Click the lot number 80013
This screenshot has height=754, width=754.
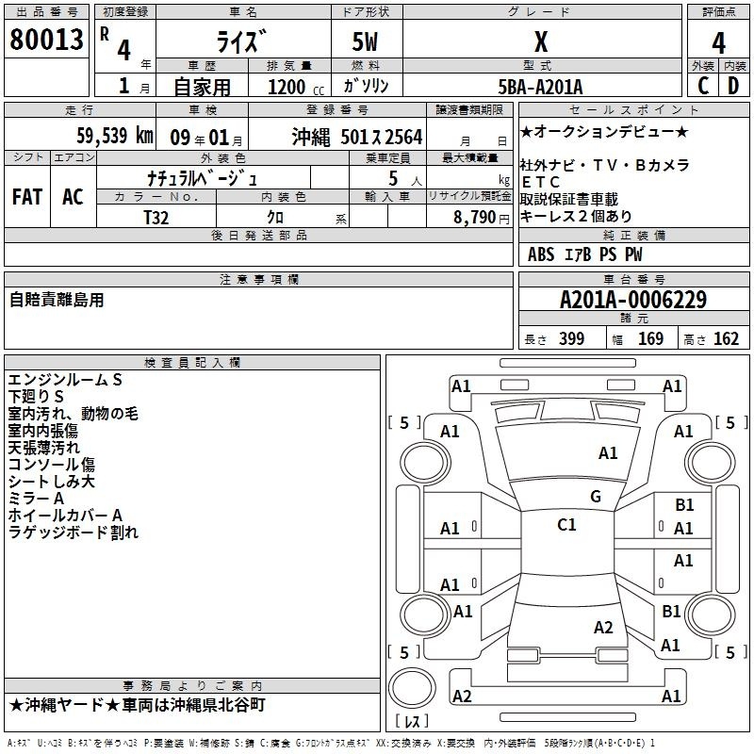pos(46,40)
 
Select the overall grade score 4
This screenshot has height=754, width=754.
pos(718,43)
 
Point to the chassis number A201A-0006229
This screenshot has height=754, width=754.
pos(633,301)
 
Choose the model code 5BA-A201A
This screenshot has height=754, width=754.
pos(540,87)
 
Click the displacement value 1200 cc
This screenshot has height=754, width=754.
pos(287,87)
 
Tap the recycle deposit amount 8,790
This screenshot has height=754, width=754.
pos(468,216)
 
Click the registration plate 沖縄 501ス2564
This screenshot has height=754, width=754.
pos(357,136)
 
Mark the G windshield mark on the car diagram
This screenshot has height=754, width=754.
pos(595,496)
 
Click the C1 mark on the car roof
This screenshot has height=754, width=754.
pos(566,525)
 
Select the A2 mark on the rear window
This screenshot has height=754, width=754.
pos(603,628)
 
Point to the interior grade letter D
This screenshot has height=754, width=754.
pos(732,86)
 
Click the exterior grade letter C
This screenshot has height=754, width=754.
pos(702,86)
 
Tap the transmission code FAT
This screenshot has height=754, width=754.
pos(26,196)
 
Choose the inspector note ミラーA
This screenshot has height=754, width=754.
pos(36,498)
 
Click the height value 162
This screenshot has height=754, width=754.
pos(726,339)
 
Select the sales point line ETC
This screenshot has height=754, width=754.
pos(540,182)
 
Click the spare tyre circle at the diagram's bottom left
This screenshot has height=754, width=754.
pos(412,687)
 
